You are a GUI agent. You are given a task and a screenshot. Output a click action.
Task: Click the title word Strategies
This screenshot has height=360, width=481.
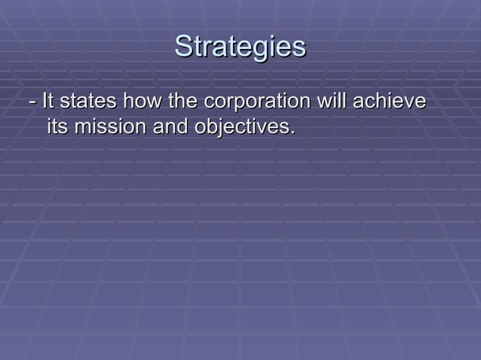click(x=240, y=47)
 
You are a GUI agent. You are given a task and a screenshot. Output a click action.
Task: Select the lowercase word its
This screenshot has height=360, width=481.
click(x=57, y=127)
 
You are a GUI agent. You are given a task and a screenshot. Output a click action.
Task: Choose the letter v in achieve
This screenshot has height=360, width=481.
click(x=407, y=102)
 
